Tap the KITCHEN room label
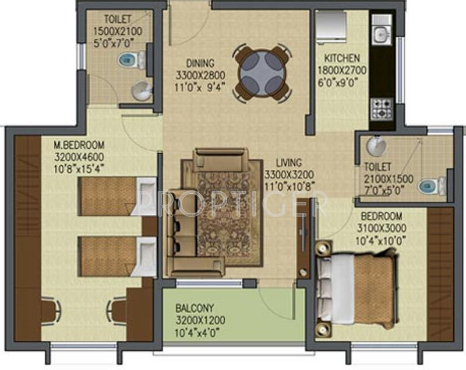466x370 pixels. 342,58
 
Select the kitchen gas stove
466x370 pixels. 382,109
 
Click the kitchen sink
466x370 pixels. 382,33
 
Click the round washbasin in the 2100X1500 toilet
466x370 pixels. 376,146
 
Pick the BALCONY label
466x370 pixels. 195,308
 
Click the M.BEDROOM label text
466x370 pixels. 79,145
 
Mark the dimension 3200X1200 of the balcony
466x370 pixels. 200,320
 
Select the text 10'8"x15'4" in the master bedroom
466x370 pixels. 79,169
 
